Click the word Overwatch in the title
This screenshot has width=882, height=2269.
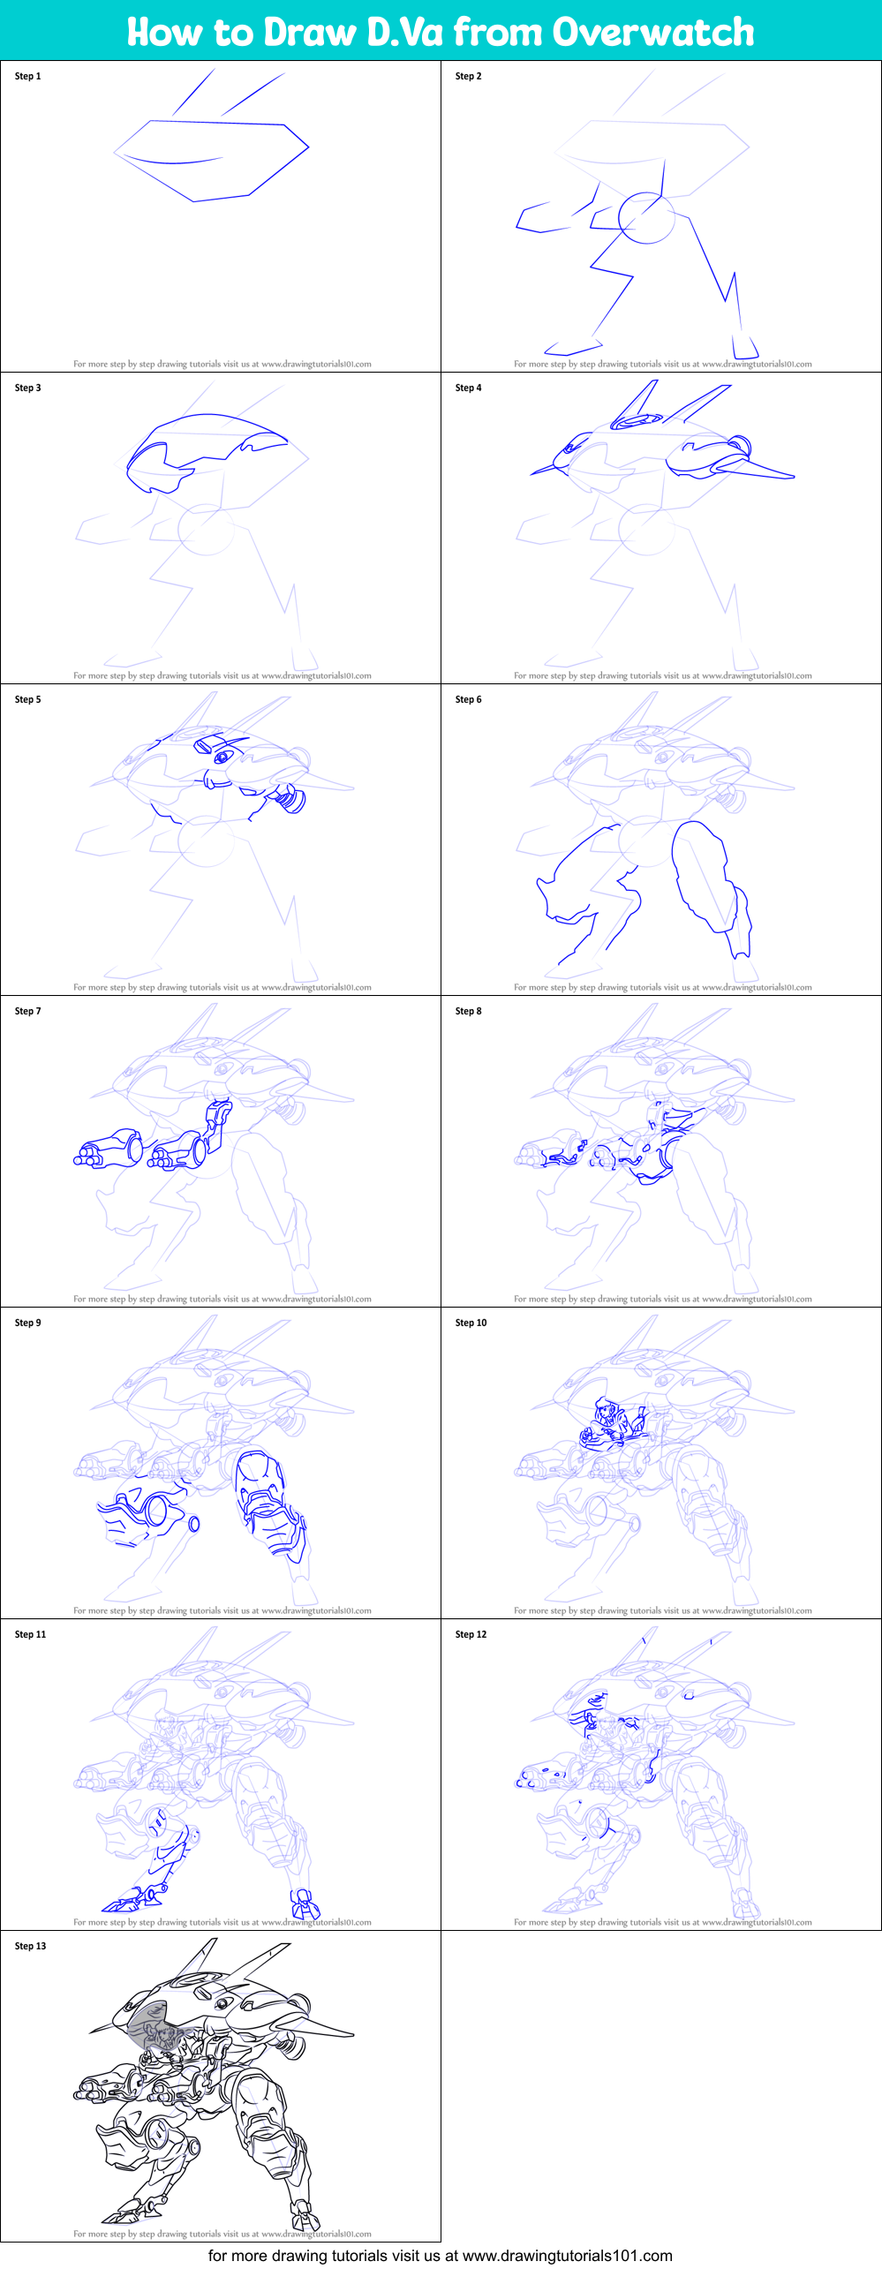point(653,32)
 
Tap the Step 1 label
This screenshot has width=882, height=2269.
point(27,76)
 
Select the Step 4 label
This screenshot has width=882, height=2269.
point(468,388)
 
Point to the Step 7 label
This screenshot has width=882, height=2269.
point(27,1011)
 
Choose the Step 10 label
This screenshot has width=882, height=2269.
point(471,1323)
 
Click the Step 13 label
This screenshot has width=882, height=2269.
point(30,1946)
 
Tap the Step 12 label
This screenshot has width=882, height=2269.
point(471,1634)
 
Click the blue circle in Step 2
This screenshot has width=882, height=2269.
point(646,218)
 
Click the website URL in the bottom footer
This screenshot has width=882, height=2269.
point(567,2256)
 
